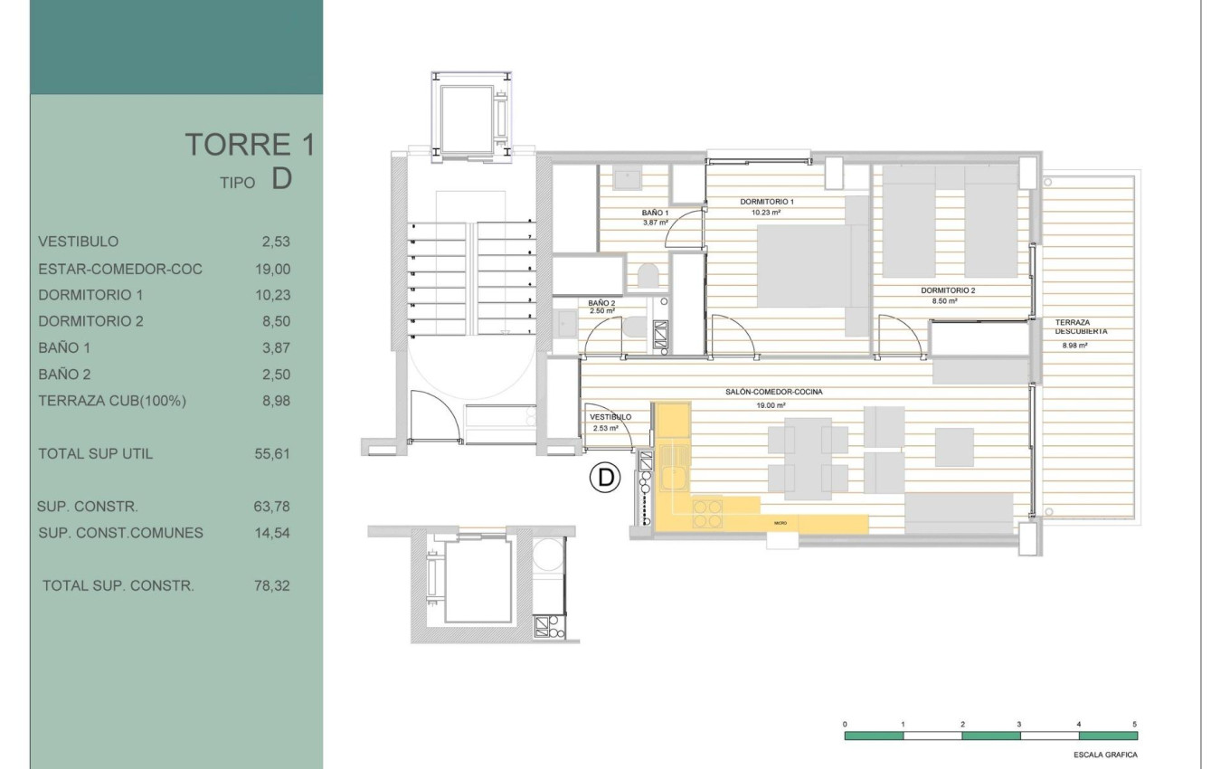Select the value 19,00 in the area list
coord(272,269)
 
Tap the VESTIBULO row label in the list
coord(79,242)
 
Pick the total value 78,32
coord(272,585)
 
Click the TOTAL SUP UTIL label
coord(95,454)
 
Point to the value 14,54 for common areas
coord(272,533)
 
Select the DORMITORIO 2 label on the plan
coord(948,290)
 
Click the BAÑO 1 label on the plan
coord(655,212)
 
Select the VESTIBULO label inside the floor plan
coord(610,417)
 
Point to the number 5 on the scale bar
coord(1134,725)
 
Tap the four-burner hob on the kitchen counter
coord(707,513)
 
